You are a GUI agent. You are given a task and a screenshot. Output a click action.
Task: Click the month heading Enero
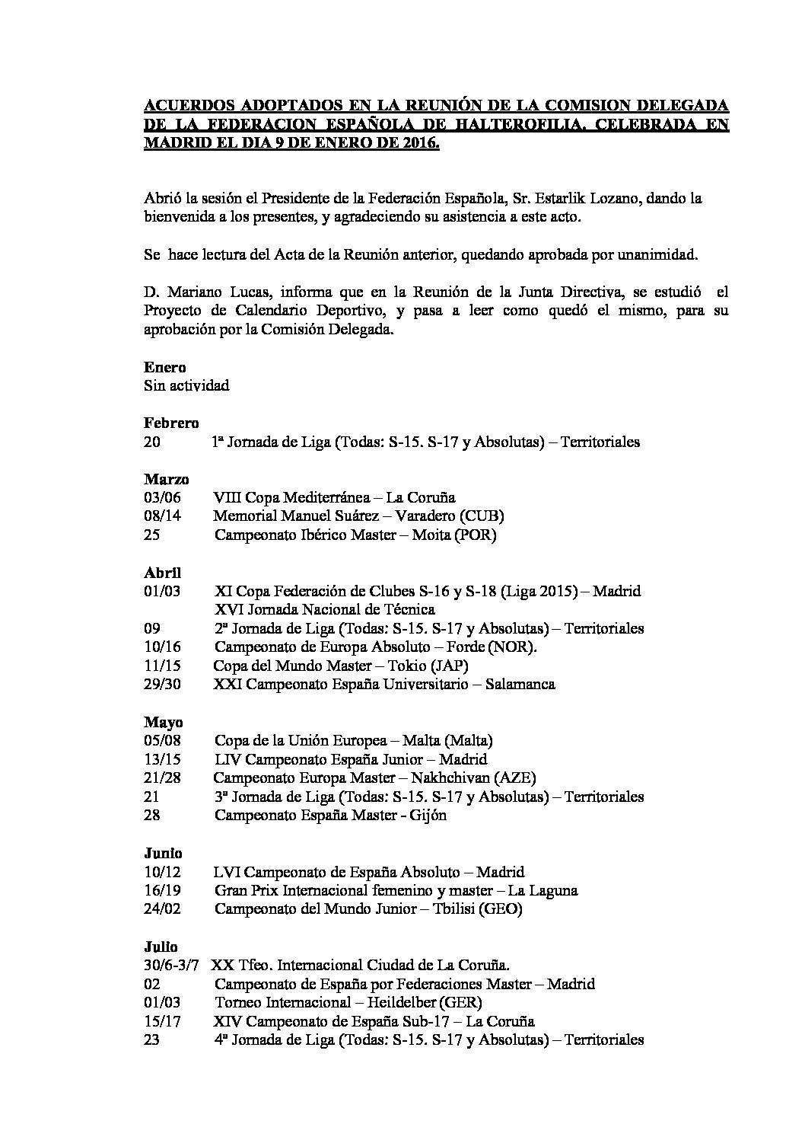tap(164, 367)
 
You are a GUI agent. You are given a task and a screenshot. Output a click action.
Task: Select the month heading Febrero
tap(171, 423)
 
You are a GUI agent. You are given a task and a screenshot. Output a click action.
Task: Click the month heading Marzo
tap(167, 479)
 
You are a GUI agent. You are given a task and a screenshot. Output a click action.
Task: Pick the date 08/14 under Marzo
tap(162, 516)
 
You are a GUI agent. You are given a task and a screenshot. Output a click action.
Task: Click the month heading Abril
tap(163, 572)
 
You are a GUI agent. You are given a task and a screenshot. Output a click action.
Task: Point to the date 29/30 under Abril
tap(162, 684)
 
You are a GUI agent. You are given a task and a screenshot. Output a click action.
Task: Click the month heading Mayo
tap(163, 722)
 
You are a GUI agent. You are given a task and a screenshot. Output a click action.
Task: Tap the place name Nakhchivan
tap(450, 778)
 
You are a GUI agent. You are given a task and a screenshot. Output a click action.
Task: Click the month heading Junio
tap(164, 853)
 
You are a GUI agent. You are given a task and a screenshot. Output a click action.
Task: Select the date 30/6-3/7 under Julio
tap(171, 965)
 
